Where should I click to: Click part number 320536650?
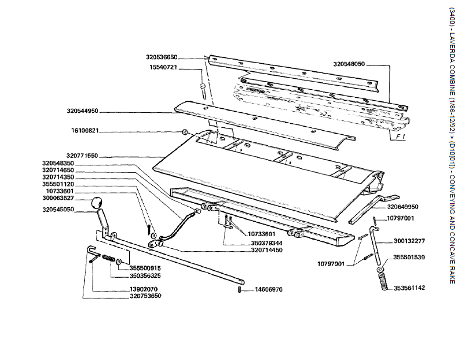click(162, 57)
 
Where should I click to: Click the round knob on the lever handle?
click(97, 203)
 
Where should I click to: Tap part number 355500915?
click(145, 268)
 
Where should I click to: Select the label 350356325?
click(145, 276)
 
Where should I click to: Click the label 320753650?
click(145, 296)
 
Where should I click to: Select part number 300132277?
click(409, 240)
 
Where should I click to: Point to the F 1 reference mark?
click(400, 137)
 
